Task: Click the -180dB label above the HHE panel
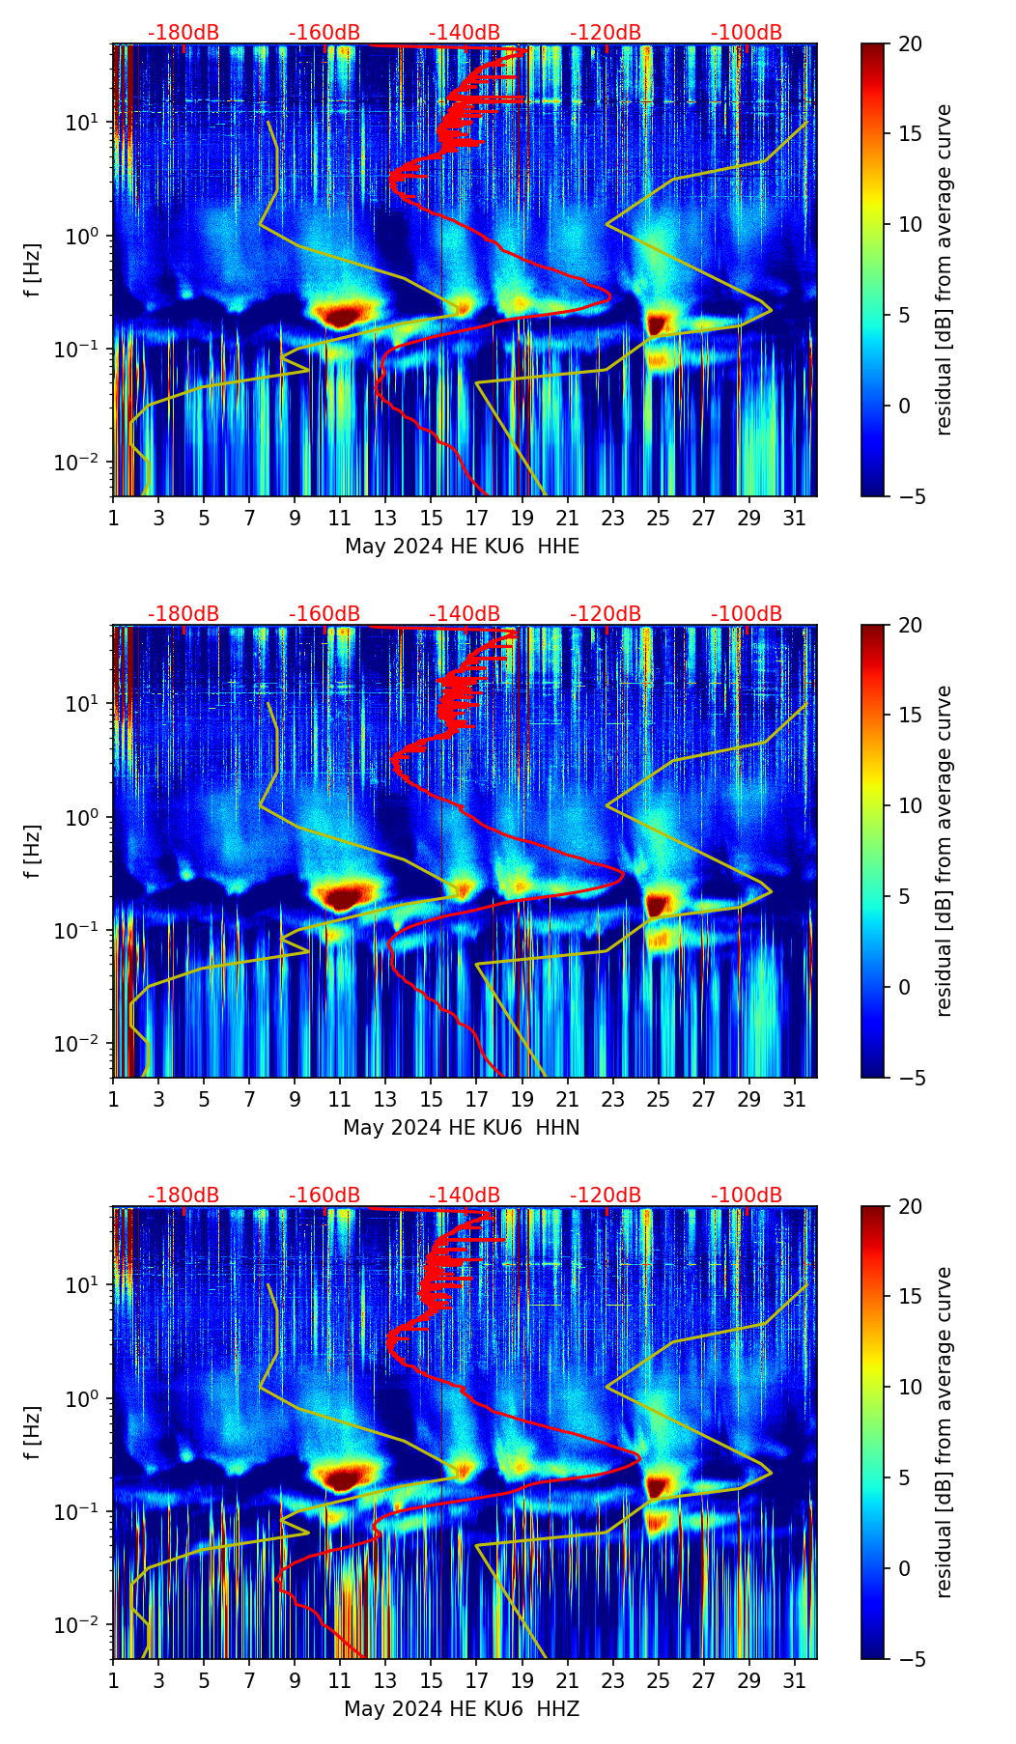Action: click(x=183, y=33)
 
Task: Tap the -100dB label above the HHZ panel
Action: click(x=747, y=1195)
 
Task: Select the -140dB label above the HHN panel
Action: click(x=465, y=614)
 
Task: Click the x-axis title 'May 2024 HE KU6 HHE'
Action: click(x=462, y=547)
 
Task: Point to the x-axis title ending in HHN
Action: click(x=461, y=1128)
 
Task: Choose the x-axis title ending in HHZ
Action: click(x=461, y=1709)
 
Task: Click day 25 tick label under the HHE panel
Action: click(x=659, y=519)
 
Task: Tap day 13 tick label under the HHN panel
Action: click(x=385, y=1100)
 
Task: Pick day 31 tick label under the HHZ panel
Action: click(x=795, y=1681)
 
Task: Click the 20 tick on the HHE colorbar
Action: click(x=910, y=44)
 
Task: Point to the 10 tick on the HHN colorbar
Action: click(x=910, y=805)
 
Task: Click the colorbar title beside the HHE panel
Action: click(x=945, y=269)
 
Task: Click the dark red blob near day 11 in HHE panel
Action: click(x=341, y=316)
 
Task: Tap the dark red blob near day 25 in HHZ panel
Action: click(x=658, y=1485)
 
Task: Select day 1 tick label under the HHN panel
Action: click(x=113, y=1100)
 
